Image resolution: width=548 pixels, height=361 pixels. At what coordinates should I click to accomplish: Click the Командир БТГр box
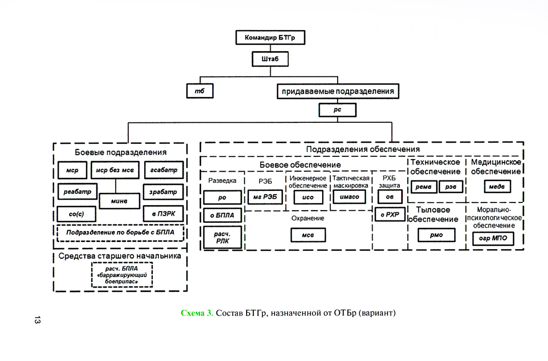click(270, 37)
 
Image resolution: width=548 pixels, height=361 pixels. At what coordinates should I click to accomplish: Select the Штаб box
click(270, 59)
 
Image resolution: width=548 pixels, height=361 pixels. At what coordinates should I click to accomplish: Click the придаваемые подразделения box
click(338, 90)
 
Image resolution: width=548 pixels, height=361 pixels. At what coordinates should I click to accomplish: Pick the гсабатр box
click(163, 170)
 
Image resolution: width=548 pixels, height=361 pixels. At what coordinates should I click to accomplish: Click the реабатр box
click(77, 191)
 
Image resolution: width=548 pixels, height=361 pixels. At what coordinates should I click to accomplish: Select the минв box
click(120, 201)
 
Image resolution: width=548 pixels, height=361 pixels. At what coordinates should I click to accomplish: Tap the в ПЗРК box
click(163, 213)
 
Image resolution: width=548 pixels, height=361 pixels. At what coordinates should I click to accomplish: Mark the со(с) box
click(77, 213)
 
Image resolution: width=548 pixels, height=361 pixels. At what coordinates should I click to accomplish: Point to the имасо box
click(349, 196)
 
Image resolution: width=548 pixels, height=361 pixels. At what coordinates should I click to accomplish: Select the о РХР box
click(390, 214)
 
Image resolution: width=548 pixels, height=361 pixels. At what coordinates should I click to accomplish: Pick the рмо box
click(436, 235)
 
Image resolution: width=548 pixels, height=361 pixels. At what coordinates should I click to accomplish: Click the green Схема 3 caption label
click(197, 313)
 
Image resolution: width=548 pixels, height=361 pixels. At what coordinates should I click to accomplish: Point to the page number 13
click(37, 320)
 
